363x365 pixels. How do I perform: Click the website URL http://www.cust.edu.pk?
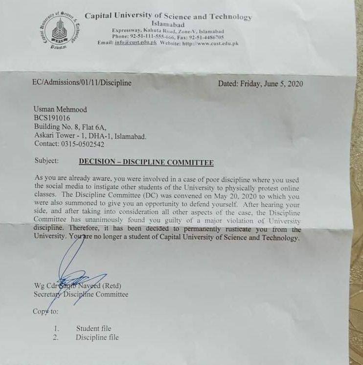click(x=210, y=43)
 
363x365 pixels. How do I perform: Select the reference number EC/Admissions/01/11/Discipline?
click(x=82, y=83)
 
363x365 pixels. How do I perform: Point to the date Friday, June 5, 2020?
click(x=271, y=84)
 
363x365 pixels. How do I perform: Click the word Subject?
click(x=46, y=161)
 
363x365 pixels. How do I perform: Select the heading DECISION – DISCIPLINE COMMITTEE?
click(x=146, y=163)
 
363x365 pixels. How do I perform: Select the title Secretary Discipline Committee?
click(x=81, y=294)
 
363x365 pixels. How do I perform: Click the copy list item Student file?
click(x=93, y=328)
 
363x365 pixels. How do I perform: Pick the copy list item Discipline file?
click(x=97, y=337)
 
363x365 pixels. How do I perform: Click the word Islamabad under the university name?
click(x=168, y=24)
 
